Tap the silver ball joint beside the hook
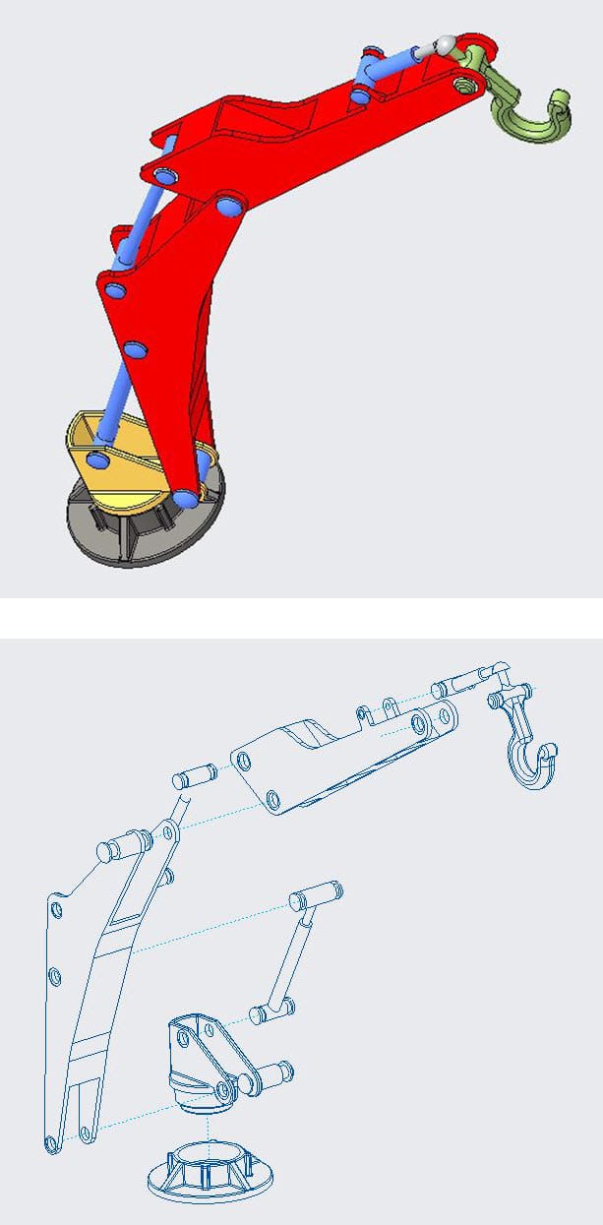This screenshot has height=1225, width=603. point(446,45)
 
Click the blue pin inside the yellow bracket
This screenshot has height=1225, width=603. point(97,459)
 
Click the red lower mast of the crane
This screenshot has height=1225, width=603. point(167,325)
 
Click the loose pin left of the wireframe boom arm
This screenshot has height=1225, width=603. point(194,776)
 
